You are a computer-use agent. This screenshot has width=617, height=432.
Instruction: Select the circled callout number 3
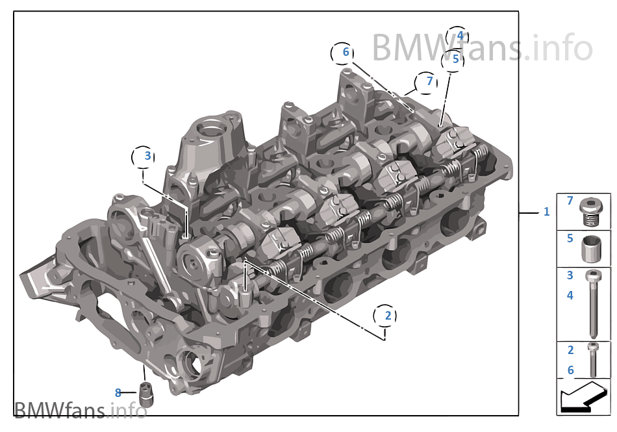click(x=147, y=156)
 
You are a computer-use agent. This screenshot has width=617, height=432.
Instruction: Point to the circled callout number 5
click(x=455, y=59)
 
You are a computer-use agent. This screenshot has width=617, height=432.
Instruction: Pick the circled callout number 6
click(x=346, y=52)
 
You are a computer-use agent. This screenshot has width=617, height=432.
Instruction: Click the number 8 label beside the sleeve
click(x=118, y=392)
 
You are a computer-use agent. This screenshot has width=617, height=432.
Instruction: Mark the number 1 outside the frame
click(x=546, y=212)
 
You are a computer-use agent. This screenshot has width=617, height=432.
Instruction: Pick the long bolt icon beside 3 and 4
click(x=593, y=302)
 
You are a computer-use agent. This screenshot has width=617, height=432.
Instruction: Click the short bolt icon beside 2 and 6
click(x=593, y=360)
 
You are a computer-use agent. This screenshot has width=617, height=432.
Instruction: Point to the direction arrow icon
click(x=583, y=397)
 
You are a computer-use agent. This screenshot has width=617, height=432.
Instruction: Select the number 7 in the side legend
click(x=570, y=201)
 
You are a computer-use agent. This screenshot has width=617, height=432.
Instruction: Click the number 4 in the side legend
click(x=570, y=296)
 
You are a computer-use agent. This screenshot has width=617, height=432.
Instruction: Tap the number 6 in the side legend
click(x=570, y=370)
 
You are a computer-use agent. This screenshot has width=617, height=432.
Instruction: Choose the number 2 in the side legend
click(x=570, y=350)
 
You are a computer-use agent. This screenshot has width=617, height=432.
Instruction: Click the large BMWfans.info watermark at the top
click(x=481, y=47)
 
